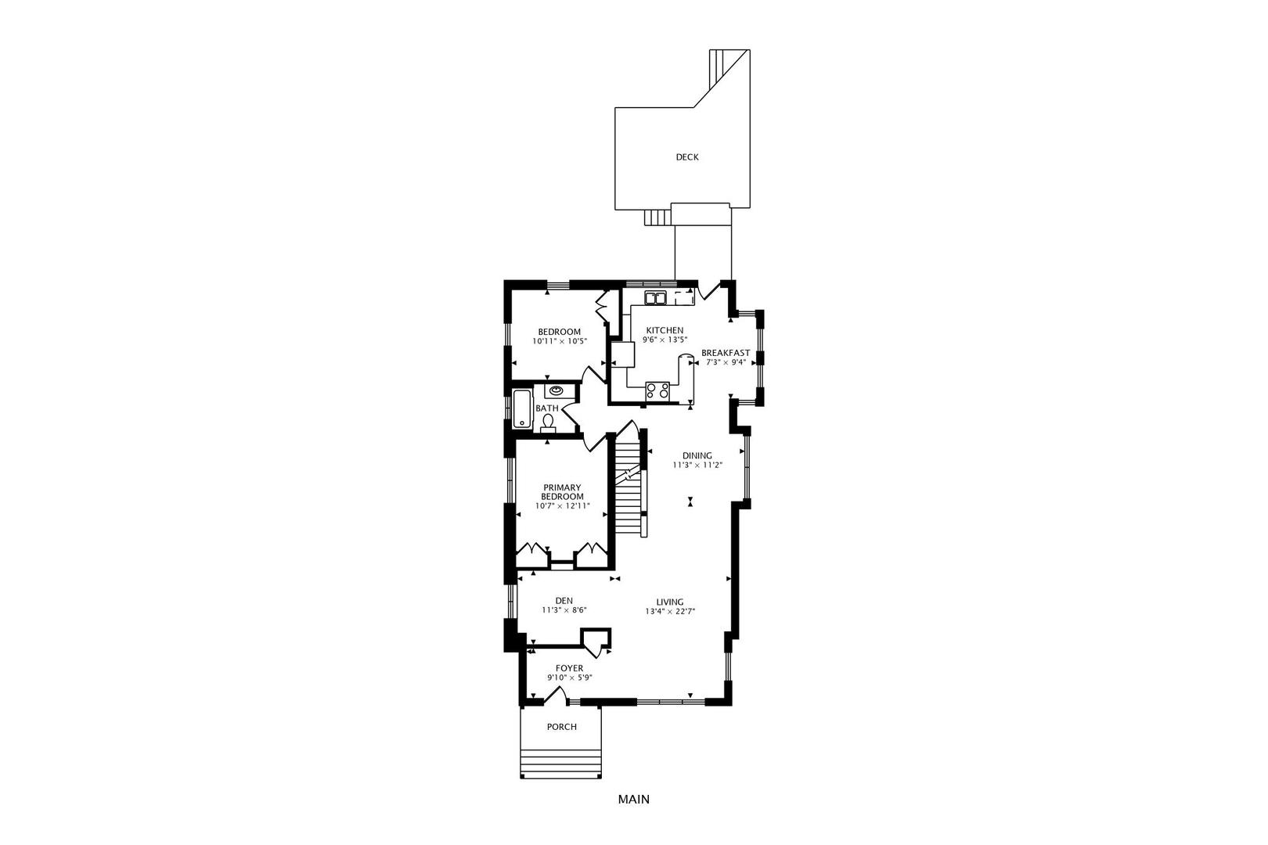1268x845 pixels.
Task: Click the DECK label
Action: click(x=686, y=157)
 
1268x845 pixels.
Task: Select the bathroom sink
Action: click(x=556, y=390)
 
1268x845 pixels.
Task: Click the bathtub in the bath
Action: click(x=523, y=409)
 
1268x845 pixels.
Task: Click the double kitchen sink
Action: click(x=656, y=297)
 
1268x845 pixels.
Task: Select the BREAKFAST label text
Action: click(x=726, y=353)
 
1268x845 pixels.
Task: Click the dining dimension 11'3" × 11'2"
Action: click(x=697, y=466)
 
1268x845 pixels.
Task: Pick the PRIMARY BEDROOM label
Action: click(x=562, y=492)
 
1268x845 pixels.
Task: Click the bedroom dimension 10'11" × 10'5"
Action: click(x=560, y=341)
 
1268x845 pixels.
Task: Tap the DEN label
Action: click(x=564, y=601)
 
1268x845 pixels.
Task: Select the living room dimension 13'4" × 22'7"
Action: click(x=670, y=611)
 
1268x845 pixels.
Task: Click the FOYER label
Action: click(x=569, y=668)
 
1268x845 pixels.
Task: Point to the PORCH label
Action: click(x=561, y=728)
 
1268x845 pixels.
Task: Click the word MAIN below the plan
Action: click(x=633, y=800)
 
